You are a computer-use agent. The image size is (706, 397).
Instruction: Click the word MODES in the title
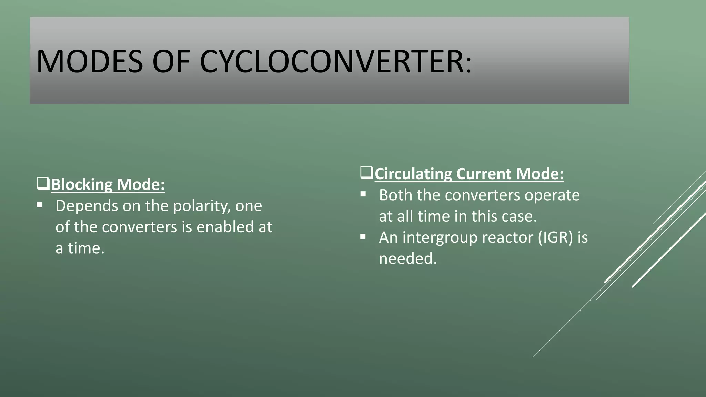[89, 62]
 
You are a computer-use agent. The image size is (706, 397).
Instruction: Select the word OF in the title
[171, 62]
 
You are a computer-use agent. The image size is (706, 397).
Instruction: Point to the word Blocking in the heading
[82, 184]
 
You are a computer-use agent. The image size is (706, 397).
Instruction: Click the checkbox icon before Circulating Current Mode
[366, 173]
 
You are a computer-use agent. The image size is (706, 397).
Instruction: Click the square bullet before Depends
[40, 205]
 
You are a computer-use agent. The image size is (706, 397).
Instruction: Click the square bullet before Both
[363, 194]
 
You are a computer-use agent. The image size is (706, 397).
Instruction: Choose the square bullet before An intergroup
[363, 237]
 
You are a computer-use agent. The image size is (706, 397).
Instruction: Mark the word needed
[407, 259]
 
